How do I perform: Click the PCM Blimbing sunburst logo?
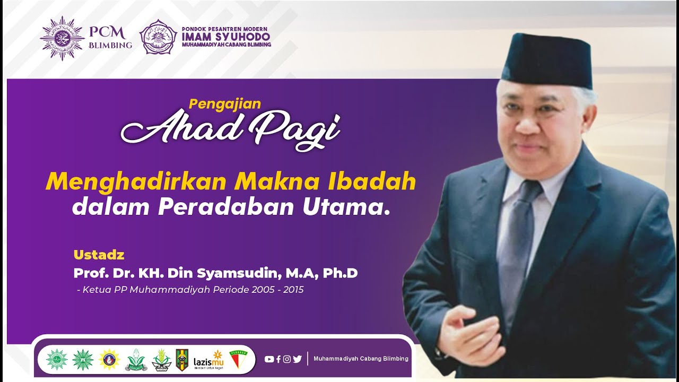tap(62, 38)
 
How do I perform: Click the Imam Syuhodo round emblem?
tap(158, 37)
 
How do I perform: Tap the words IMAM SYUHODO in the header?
tap(225, 37)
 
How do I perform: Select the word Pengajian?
tap(225, 104)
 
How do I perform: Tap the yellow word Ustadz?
tap(99, 255)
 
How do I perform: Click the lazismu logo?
tap(208, 359)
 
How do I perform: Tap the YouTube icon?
tap(269, 359)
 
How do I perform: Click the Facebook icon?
tap(278, 359)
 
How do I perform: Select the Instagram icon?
tap(287, 359)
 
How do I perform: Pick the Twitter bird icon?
tap(297, 359)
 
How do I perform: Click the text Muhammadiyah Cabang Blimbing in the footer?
tap(361, 359)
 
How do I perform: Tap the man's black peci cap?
tap(546, 61)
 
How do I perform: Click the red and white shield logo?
tap(238, 359)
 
